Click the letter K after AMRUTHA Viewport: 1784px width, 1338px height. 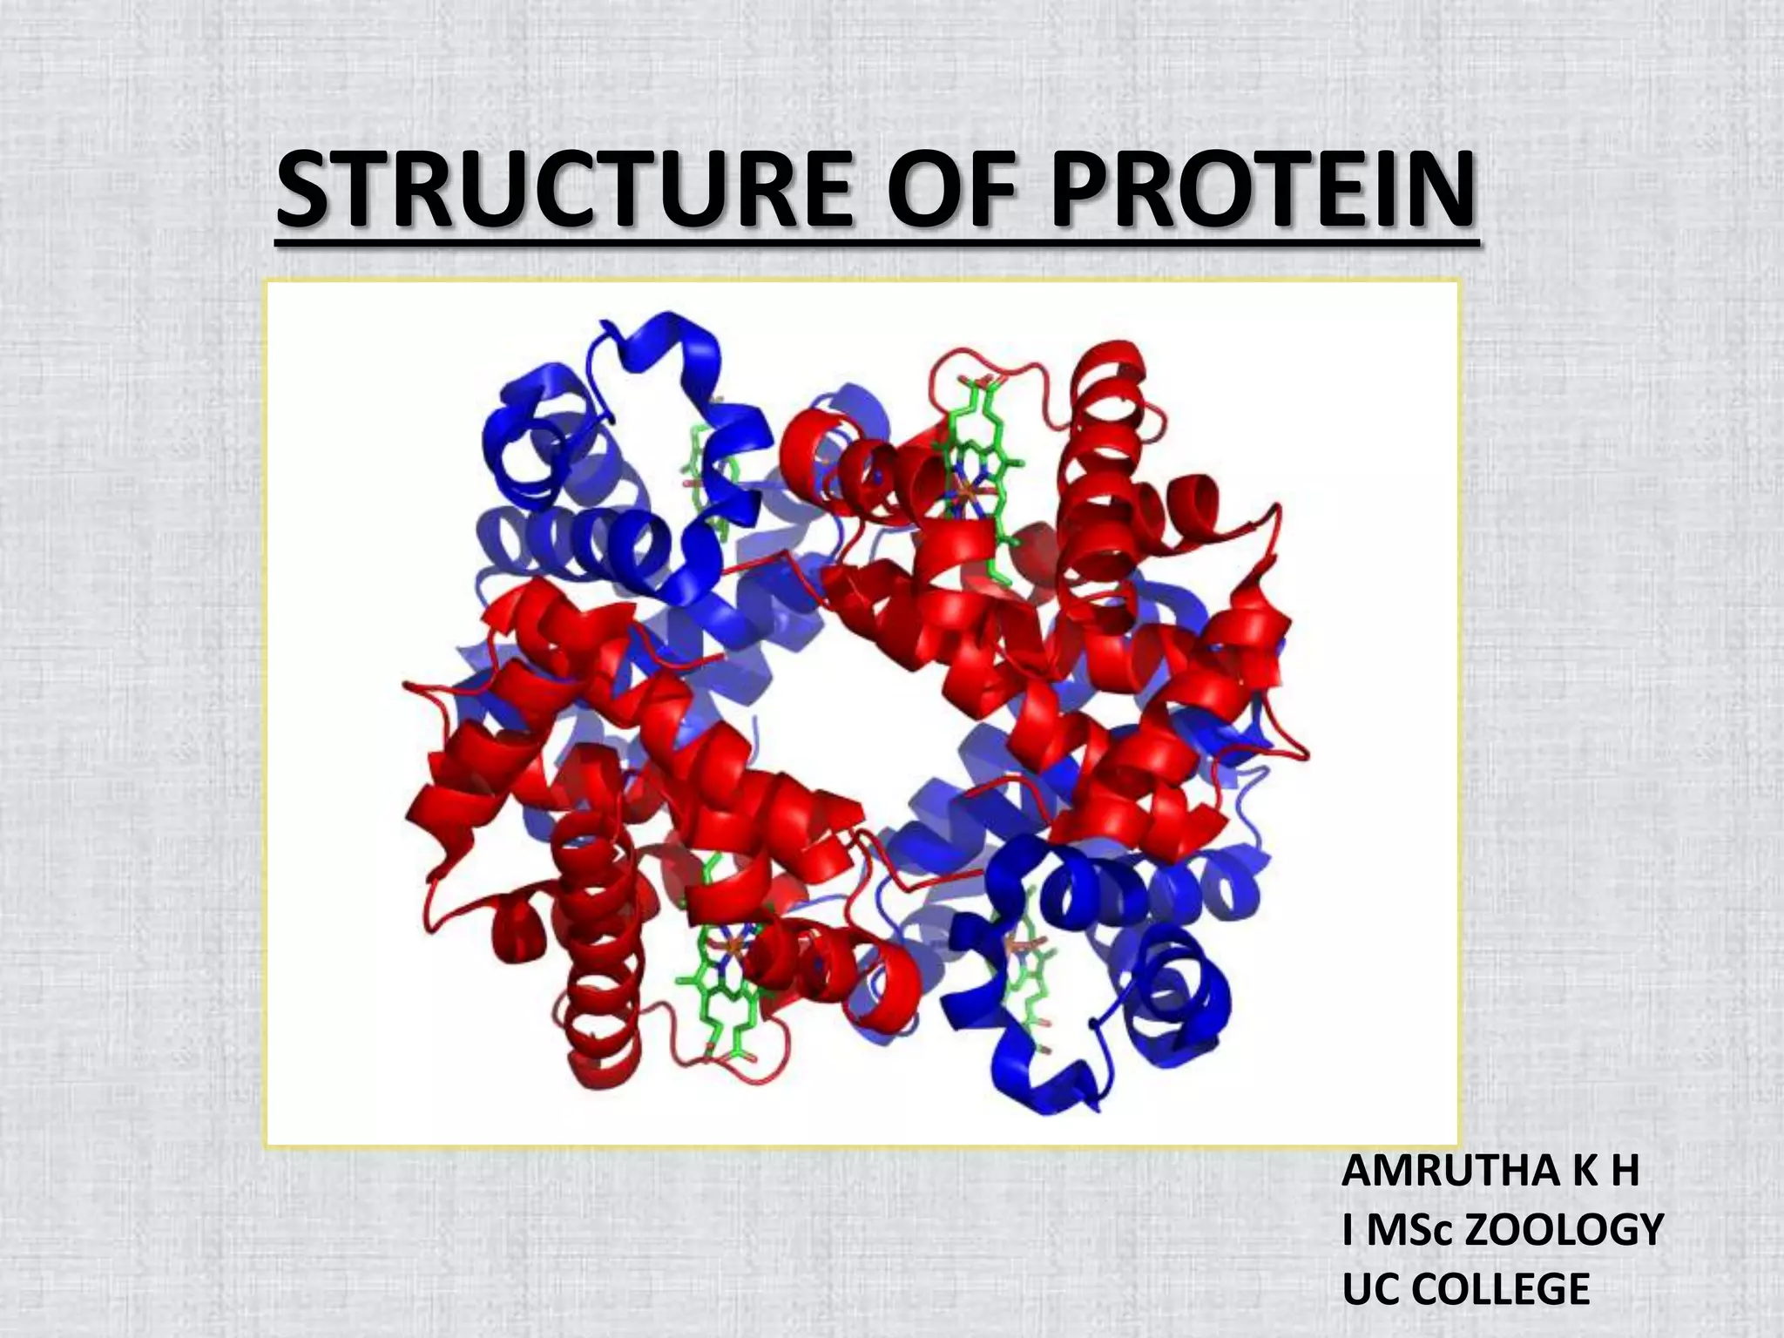pos(1578,1172)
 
